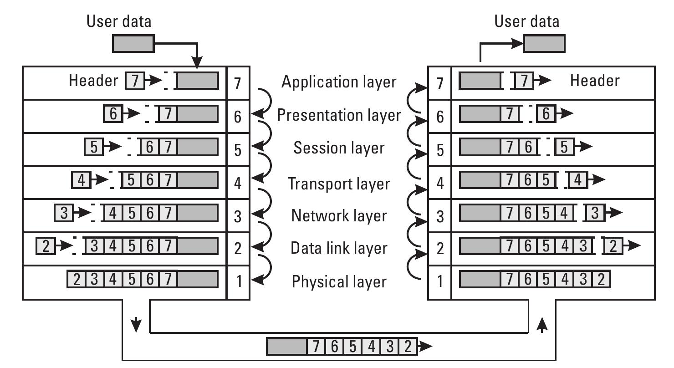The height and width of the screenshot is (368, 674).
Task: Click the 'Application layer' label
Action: (x=339, y=82)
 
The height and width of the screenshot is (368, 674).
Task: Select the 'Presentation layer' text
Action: (x=339, y=115)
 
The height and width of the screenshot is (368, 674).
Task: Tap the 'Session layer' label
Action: (x=339, y=148)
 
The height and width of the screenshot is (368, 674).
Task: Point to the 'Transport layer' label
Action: (x=339, y=184)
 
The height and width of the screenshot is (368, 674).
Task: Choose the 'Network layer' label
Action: (x=339, y=215)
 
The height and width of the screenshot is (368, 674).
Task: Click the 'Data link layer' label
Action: (x=339, y=248)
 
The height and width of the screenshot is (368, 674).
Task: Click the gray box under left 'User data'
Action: (x=133, y=44)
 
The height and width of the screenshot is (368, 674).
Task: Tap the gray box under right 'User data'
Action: (x=544, y=44)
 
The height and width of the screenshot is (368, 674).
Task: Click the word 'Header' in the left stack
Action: (x=93, y=81)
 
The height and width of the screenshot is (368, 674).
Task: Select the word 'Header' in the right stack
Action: (x=595, y=81)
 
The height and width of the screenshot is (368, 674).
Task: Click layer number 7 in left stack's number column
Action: (x=238, y=83)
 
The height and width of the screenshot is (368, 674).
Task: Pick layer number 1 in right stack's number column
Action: (x=439, y=281)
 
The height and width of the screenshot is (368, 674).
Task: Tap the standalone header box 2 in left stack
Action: (x=45, y=246)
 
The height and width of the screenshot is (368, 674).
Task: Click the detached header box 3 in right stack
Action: (x=594, y=213)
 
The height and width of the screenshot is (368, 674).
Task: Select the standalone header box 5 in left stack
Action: (x=94, y=148)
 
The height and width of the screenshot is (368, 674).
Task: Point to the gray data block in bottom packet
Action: (x=286, y=347)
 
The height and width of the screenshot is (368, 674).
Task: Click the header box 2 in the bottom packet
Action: (x=408, y=347)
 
